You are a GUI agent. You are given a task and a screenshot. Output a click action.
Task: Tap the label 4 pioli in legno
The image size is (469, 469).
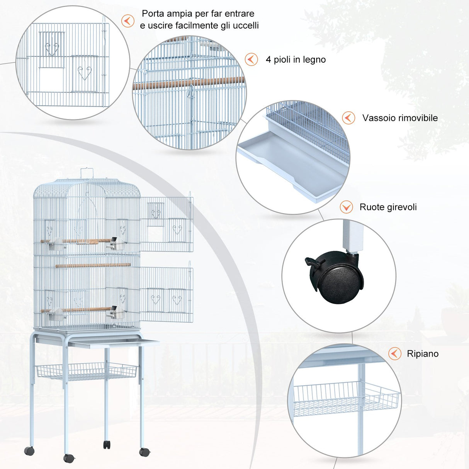296,59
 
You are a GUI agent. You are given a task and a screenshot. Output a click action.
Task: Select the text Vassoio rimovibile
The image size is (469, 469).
400,118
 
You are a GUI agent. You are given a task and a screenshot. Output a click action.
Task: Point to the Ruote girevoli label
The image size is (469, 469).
388,207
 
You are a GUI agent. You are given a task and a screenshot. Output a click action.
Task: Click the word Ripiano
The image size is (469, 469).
423,354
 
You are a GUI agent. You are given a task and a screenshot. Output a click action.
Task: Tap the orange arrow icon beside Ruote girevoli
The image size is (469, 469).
346,207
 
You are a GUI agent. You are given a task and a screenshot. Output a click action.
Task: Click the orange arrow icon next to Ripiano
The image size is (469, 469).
394,353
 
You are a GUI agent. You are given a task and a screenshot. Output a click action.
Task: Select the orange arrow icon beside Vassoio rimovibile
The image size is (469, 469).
348,118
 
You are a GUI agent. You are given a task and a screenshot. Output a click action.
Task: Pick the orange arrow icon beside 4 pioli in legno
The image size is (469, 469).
251,59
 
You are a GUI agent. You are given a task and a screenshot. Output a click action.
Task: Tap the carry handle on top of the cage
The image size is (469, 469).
87,173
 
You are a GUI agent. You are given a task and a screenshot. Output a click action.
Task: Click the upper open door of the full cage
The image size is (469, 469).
166,224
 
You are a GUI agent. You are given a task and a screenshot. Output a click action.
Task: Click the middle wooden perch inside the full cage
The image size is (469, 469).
93,265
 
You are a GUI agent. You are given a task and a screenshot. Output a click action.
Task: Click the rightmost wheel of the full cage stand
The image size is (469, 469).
144,452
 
